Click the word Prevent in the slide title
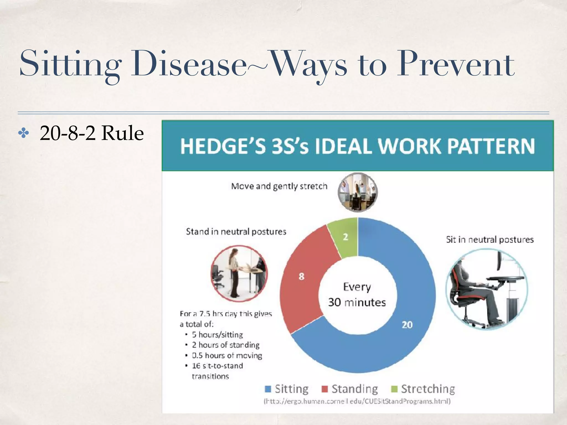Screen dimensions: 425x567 click(x=455, y=64)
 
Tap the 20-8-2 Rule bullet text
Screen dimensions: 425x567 click(x=92, y=133)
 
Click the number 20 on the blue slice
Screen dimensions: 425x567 click(x=407, y=325)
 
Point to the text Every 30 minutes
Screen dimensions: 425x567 click(x=357, y=295)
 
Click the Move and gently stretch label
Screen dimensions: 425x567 click(x=279, y=186)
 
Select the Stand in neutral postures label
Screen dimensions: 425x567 click(x=236, y=231)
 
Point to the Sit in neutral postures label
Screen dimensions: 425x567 click(x=489, y=239)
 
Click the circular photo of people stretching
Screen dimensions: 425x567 click(x=357, y=192)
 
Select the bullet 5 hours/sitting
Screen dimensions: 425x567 click(x=217, y=335)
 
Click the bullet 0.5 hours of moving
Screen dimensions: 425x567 click(x=227, y=356)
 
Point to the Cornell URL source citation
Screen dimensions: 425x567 click(x=357, y=401)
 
